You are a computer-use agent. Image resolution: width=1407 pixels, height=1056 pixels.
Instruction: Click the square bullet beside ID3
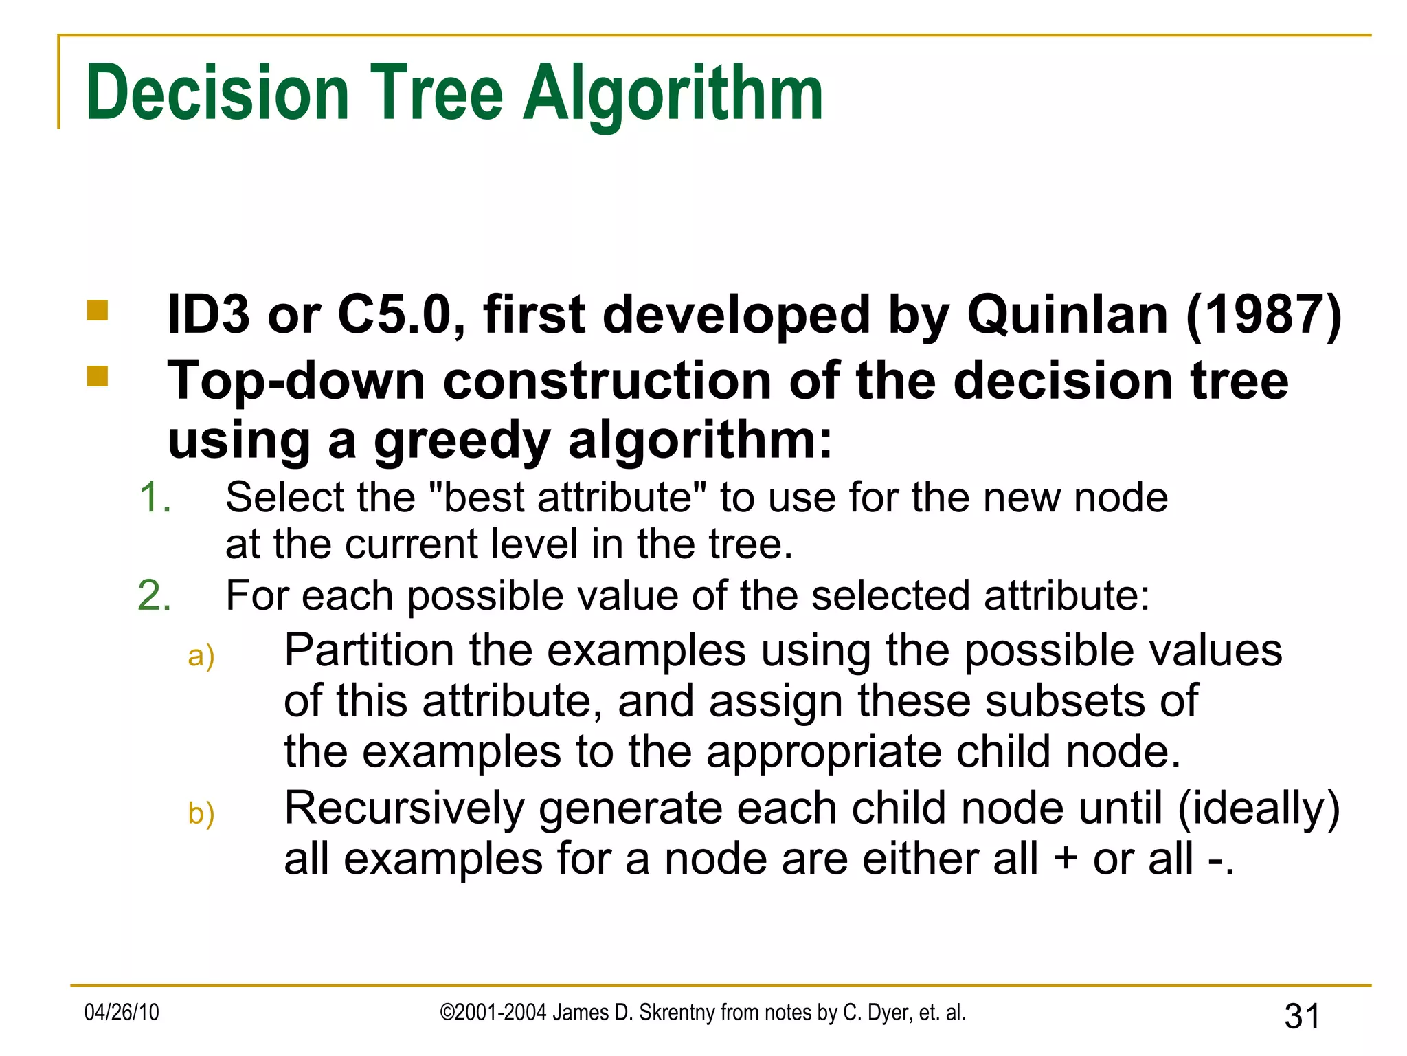tap(98, 311)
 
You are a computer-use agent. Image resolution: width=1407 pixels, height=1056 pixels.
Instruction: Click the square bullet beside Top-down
tap(98, 376)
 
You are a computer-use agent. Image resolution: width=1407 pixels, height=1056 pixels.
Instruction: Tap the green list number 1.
tap(154, 497)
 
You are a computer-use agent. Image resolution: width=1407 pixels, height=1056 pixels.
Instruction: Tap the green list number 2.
tap(154, 595)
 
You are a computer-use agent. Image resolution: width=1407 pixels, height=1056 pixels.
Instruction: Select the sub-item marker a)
tap(201, 656)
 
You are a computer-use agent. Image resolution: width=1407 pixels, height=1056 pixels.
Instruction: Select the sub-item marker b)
tap(201, 814)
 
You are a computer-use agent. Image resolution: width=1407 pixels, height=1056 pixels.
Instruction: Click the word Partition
tap(369, 650)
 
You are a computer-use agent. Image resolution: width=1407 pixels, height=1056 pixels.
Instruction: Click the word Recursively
tap(404, 808)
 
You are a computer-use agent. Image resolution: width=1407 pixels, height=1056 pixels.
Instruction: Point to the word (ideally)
tap(1259, 808)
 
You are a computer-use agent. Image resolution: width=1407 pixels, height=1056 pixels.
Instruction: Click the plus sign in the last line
tap(1066, 859)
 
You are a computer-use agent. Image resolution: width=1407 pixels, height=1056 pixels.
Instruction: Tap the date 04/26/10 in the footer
tap(122, 1013)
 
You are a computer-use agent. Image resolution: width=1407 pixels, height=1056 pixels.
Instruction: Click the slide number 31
tap(1302, 1016)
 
